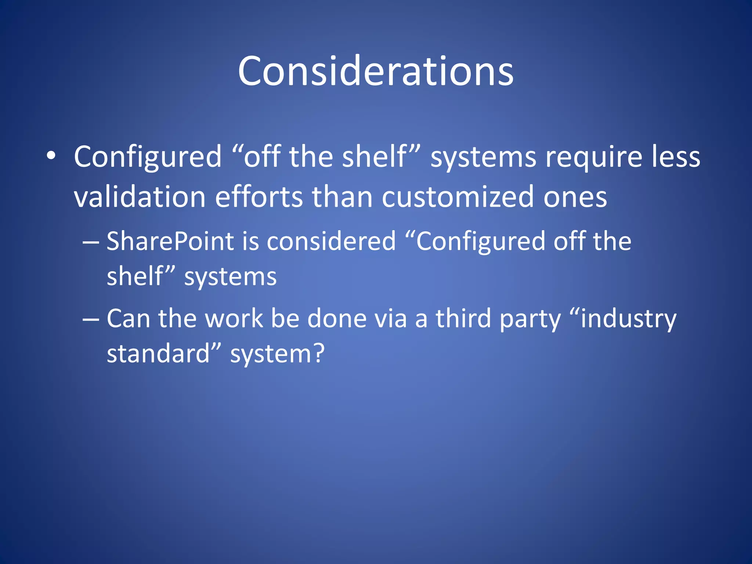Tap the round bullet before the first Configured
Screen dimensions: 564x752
(x=51, y=156)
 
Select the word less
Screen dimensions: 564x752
(x=676, y=157)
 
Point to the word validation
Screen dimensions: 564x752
(x=140, y=197)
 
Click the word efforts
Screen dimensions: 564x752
(x=259, y=197)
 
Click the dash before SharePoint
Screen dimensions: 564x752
(x=91, y=242)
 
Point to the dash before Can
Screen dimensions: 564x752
(x=91, y=319)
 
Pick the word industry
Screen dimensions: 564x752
(x=628, y=319)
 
